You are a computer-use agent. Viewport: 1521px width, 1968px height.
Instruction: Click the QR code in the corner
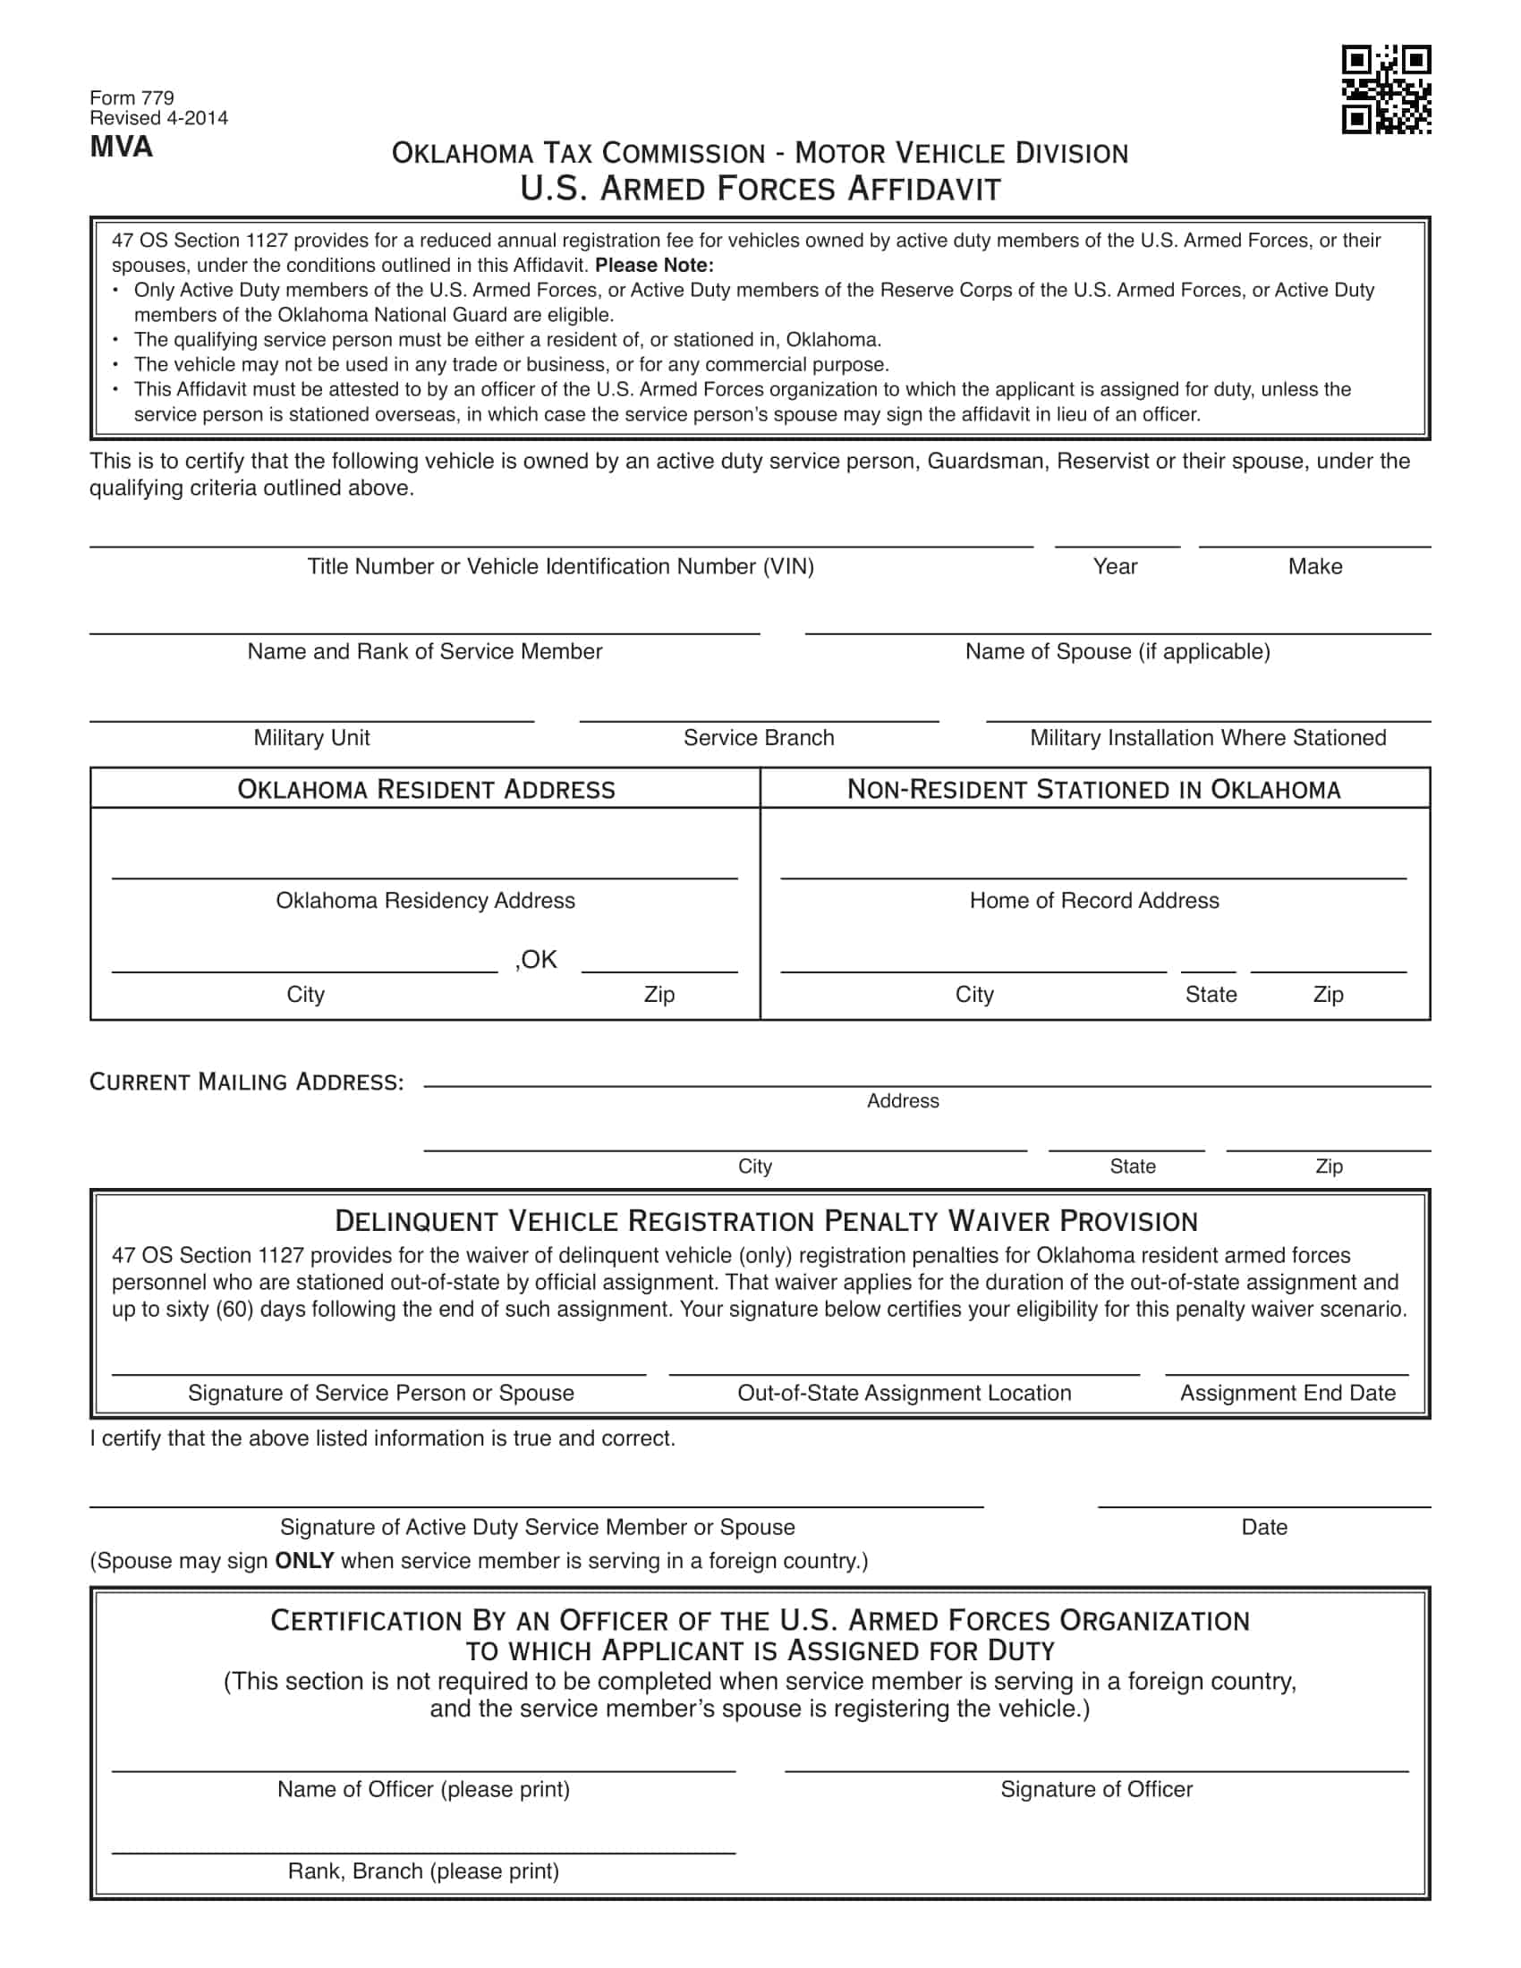(x=1386, y=89)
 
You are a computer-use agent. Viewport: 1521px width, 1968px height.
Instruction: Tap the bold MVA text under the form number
(x=121, y=147)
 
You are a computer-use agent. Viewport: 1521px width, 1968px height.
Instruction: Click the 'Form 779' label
(x=132, y=98)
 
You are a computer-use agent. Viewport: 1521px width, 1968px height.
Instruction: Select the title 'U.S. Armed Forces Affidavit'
(x=760, y=189)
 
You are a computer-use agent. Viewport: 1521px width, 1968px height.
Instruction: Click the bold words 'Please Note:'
(x=654, y=265)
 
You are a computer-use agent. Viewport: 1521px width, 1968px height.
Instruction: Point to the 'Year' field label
(x=1115, y=566)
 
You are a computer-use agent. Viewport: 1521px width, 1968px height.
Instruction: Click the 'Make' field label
(x=1314, y=566)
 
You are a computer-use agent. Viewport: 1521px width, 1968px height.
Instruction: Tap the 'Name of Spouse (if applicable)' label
(x=1117, y=651)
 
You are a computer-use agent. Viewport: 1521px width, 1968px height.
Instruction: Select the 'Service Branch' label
(x=759, y=738)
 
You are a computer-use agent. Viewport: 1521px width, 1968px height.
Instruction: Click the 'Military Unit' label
(x=311, y=738)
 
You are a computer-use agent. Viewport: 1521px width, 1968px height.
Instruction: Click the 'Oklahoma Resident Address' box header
(x=425, y=789)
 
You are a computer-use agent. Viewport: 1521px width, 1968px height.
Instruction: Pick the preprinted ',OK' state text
(x=536, y=960)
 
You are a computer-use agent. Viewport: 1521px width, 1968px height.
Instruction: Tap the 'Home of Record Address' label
(x=1094, y=900)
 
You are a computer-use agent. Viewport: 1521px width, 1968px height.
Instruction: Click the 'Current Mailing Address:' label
(x=246, y=1082)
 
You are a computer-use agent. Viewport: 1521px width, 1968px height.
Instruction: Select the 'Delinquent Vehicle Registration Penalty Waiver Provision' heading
(x=766, y=1221)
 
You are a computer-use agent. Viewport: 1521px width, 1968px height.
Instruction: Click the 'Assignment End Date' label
(x=1287, y=1393)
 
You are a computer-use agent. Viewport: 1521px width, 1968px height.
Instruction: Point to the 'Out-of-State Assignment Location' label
(x=904, y=1393)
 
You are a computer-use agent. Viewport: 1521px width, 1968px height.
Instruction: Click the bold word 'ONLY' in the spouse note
(x=304, y=1561)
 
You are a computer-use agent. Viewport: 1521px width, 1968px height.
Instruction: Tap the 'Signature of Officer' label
(x=1096, y=1790)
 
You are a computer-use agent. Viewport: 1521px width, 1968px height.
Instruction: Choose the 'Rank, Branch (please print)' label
(x=423, y=1871)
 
